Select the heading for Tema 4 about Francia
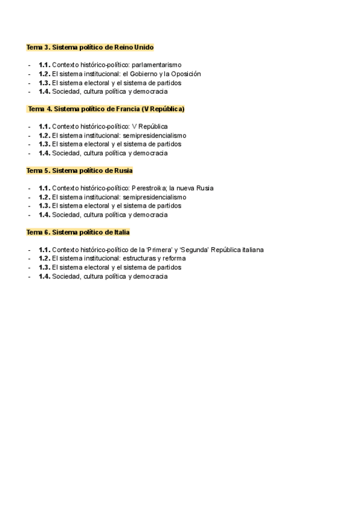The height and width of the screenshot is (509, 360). (x=106, y=109)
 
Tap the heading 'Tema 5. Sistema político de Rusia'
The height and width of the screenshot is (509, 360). (x=79, y=170)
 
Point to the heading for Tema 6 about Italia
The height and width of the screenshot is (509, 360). (x=78, y=232)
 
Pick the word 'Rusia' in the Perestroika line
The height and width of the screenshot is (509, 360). (x=205, y=188)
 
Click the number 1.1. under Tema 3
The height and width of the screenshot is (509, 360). (x=44, y=65)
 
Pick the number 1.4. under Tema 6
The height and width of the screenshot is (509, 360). (x=44, y=277)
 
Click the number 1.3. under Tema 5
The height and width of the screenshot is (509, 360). (x=44, y=206)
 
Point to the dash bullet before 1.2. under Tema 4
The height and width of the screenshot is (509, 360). (x=29, y=136)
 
